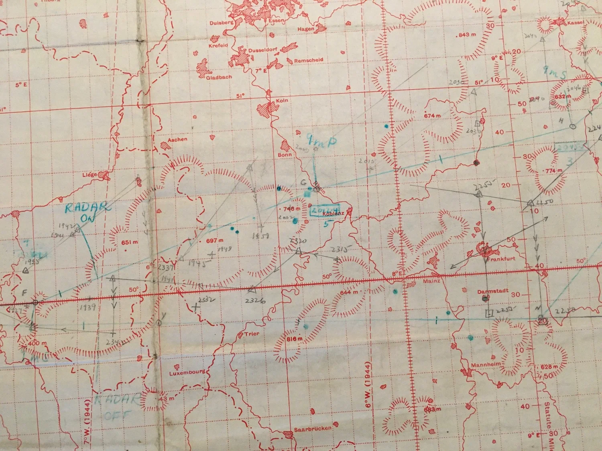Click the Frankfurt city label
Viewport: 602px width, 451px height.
click(x=501, y=259)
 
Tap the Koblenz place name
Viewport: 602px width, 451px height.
click(x=334, y=214)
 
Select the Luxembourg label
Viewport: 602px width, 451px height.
click(x=187, y=373)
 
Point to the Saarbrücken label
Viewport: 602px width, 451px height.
click(x=313, y=429)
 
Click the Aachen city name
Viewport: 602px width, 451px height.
click(x=177, y=140)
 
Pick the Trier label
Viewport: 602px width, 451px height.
click(x=252, y=334)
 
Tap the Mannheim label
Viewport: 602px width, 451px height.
click(x=486, y=365)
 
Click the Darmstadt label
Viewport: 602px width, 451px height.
click(x=493, y=291)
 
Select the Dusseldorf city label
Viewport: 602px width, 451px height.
click(x=263, y=51)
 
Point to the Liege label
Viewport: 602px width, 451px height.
click(x=89, y=175)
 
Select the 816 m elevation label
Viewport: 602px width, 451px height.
click(x=294, y=339)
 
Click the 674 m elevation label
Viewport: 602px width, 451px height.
click(x=432, y=115)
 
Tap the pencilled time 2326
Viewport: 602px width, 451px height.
click(x=255, y=301)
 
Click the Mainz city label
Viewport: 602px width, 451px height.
click(x=431, y=281)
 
